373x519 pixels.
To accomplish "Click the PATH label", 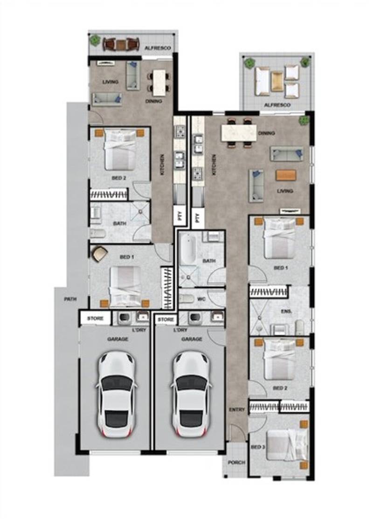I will click(x=71, y=299).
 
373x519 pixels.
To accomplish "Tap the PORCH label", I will click(x=236, y=463).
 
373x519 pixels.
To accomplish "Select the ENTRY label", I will click(x=237, y=410).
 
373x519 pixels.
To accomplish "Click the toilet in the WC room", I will click(x=186, y=299).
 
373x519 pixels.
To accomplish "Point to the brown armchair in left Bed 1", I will click(x=99, y=254).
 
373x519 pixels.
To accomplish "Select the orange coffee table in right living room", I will click(x=286, y=175).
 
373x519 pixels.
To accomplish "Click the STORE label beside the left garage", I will click(x=95, y=319).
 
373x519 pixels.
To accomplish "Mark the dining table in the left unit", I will click(x=159, y=82).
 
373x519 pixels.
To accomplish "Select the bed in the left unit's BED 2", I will click(x=120, y=150).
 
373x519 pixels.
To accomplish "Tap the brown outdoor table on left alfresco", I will click(x=121, y=44).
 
